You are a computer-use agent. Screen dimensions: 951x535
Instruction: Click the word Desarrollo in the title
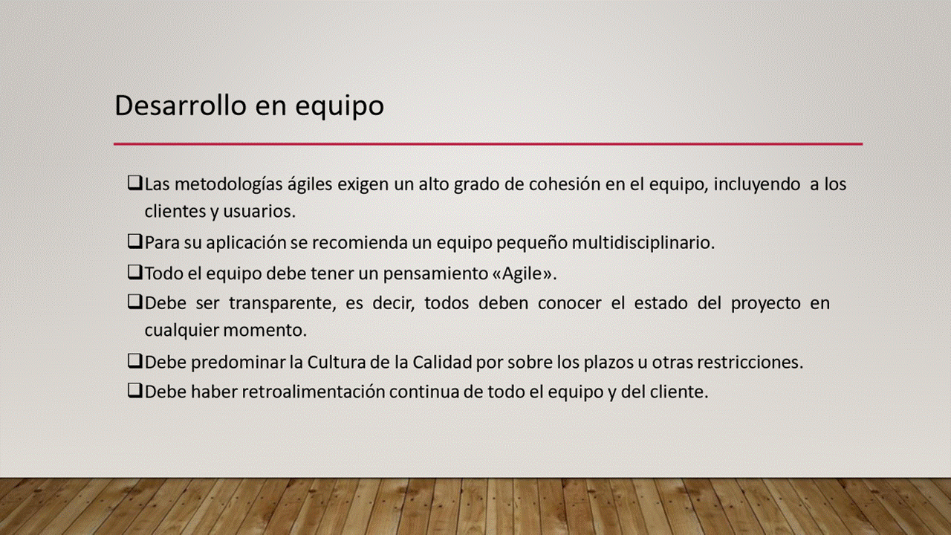pos(181,106)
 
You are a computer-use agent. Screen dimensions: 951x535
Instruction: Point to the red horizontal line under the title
pos(488,144)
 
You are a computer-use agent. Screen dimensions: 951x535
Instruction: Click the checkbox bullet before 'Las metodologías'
pos(134,184)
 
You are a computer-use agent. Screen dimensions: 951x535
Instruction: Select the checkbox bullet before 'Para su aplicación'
pos(134,242)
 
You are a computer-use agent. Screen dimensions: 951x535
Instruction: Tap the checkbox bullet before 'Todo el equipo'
pos(134,273)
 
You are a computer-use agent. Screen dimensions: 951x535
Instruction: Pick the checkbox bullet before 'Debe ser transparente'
pos(134,302)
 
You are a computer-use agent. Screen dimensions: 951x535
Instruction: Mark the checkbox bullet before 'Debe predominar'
pos(134,362)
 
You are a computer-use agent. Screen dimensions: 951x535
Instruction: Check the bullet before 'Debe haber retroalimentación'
pos(134,391)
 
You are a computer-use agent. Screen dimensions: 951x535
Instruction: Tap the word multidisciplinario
pos(643,243)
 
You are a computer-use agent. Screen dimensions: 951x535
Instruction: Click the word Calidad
pos(442,362)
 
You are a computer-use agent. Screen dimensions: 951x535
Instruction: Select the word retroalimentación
pos(314,392)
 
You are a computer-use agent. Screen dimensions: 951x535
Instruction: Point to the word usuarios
pos(259,212)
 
